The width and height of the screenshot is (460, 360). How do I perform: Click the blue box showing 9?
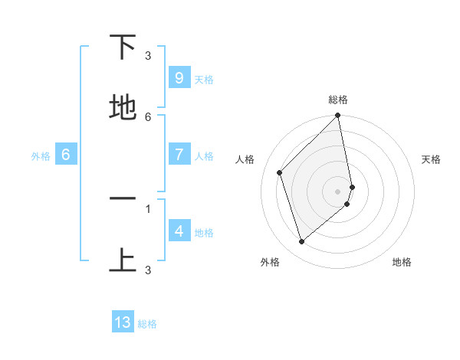pyautogui.click(x=179, y=78)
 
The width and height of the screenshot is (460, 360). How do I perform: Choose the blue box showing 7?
pyautogui.click(x=179, y=155)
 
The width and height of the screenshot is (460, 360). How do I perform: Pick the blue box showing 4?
pyautogui.click(x=179, y=231)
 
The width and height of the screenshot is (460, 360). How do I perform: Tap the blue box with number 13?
pyautogui.click(x=123, y=322)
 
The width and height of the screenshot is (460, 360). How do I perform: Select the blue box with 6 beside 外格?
pyautogui.click(x=66, y=155)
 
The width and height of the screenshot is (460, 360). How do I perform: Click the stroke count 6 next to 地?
pyautogui.click(x=148, y=117)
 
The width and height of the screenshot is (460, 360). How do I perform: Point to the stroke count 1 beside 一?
pyautogui.click(x=148, y=208)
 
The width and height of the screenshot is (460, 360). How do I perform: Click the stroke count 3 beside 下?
pyautogui.click(x=148, y=55)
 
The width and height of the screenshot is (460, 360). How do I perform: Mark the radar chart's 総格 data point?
pyautogui.click(x=337, y=116)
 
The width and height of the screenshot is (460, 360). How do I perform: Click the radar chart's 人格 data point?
pyautogui.click(x=280, y=172)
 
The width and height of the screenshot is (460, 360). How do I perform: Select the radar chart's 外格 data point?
pyautogui.click(x=301, y=241)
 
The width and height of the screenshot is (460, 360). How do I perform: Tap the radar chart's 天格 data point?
pyautogui.click(x=352, y=186)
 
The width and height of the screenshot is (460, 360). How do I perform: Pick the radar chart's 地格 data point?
pyautogui.click(x=347, y=204)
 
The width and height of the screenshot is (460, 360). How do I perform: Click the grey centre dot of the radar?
pyautogui.click(x=337, y=191)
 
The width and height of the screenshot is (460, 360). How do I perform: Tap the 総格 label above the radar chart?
pyautogui.click(x=337, y=100)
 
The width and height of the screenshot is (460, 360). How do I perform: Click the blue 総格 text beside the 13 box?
pyautogui.click(x=147, y=324)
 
